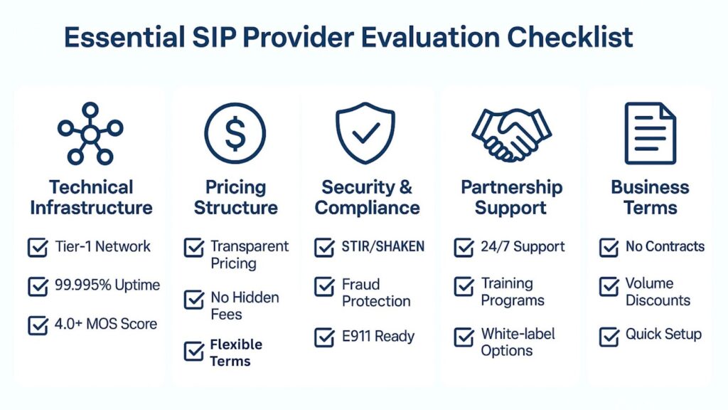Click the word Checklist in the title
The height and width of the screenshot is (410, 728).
click(569, 37)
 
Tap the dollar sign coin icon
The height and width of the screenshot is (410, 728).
click(235, 133)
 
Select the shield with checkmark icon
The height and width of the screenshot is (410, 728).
click(365, 133)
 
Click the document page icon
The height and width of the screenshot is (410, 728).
click(650, 133)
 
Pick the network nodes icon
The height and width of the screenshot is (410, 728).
click(90, 133)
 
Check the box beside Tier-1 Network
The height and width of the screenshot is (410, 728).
click(38, 247)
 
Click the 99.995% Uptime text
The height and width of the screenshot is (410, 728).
click(107, 285)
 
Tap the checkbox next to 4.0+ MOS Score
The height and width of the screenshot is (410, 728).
click(38, 325)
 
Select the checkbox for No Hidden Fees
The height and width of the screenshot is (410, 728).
click(193, 299)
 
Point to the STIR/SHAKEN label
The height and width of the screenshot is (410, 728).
click(383, 246)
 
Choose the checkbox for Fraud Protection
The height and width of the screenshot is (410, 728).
click(324, 286)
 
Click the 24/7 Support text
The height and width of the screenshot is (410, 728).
click(523, 246)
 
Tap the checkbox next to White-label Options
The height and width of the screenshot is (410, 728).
click(464, 337)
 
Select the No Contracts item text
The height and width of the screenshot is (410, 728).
click(665, 246)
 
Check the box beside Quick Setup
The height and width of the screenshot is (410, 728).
click(609, 337)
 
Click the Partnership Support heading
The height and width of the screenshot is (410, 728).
click(511, 198)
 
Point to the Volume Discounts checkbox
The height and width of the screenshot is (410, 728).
click(609, 286)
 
